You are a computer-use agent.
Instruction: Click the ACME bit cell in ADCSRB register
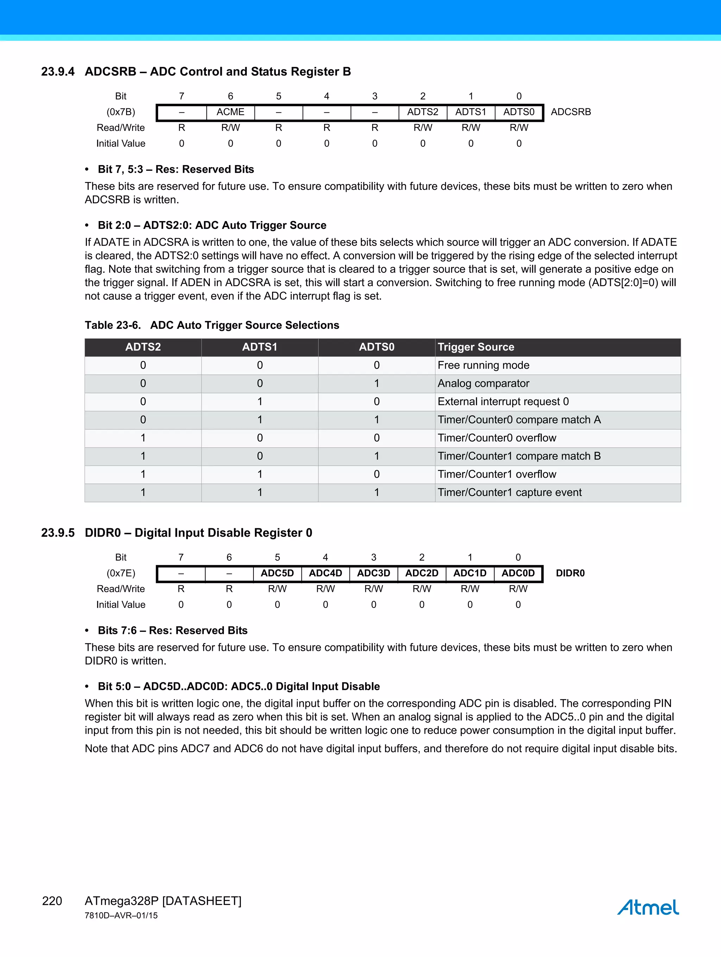tap(230, 112)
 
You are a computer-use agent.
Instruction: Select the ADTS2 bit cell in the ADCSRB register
tap(422, 112)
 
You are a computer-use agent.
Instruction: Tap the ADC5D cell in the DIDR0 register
tap(277, 573)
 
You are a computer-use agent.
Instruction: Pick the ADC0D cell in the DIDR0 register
tap(518, 573)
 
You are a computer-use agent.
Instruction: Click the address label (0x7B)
tap(121, 112)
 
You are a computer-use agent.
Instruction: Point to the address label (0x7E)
tap(121, 573)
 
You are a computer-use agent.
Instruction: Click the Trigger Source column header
tap(476, 347)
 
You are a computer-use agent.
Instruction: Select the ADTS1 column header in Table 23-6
tap(260, 347)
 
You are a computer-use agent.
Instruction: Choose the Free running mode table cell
tap(483, 365)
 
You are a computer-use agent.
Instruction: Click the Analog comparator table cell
tap(483, 383)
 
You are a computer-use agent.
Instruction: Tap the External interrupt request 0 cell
tap(503, 402)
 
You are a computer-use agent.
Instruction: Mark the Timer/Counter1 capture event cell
tap(509, 492)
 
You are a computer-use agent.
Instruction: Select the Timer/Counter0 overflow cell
tap(497, 438)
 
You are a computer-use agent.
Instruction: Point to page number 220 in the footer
tap(52, 901)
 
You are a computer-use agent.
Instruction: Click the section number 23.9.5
tap(57, 533)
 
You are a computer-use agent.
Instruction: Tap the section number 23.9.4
tap(57, 71)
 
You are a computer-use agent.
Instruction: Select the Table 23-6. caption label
tap(113, 325)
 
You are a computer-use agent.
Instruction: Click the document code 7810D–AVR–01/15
tap(121, 915)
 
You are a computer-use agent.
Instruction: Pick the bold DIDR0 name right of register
tap(570, 573)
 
